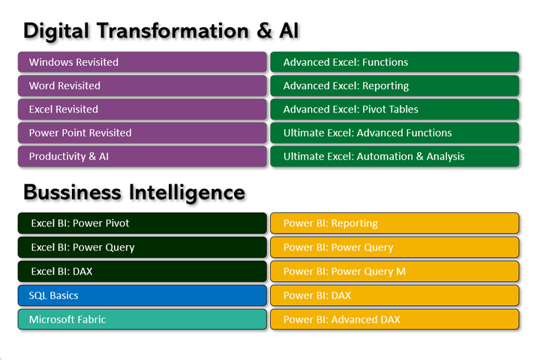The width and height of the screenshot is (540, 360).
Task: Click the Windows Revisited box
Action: [x=142, y=62]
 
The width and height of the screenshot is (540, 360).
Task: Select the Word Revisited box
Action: [x=142, y=85]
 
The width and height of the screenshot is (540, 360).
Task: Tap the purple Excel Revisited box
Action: [x=142, y=109]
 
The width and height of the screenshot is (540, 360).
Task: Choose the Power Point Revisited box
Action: [x=142, y=133]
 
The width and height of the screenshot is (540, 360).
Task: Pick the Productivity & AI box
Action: [x=142, y=157]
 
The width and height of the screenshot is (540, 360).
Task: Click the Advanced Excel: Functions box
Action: [x=394, y=62]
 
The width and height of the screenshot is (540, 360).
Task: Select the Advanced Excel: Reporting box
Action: [x=394, y=85]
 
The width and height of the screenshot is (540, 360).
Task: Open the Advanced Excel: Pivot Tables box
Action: [x=394, y=109]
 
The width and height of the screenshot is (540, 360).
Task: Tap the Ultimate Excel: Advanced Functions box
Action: [x=394, y=133]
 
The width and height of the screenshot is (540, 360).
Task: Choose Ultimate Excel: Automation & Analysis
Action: [x=394, y=157]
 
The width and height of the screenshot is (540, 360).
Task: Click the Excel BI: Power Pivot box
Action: [x=142, y=223]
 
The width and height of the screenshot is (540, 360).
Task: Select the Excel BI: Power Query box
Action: [x=142, y=247]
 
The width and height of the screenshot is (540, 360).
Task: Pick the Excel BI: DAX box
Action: [x=142, y=271]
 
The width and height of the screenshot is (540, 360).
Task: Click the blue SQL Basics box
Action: [x=142, y=295]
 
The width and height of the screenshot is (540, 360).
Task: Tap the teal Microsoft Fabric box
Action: [x=142, y=319]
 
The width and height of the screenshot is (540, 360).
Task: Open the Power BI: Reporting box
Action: [x=394, y=223]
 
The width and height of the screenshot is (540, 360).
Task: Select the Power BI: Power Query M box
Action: [x=394, y=271]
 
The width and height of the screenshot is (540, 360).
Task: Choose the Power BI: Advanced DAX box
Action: [x=394, y=319]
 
